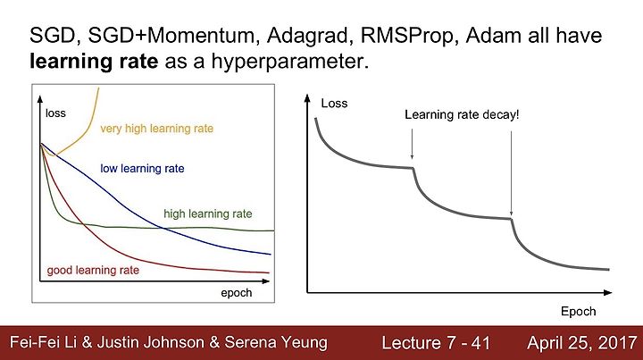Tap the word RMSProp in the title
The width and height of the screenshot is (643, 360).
(408, 36)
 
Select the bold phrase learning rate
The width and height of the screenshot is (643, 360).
(94, 62)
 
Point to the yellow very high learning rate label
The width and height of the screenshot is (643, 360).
(156, 129)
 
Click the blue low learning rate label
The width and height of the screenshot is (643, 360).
(142, 169)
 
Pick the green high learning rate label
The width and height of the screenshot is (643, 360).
(208, 213)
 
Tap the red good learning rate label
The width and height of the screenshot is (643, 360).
(93, 270)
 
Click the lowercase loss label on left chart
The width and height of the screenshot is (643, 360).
(55, 113)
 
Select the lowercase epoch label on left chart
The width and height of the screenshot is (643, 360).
(236, 293)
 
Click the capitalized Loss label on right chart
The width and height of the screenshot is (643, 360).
(334, 104)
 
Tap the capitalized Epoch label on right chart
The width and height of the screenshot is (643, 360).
(578, 311)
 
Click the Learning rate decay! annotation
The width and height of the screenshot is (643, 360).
(462, 115)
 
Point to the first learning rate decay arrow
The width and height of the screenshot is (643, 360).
(412, 144)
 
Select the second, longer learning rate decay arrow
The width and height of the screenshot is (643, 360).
(511, 173)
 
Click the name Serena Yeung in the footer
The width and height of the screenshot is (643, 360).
(276, 342)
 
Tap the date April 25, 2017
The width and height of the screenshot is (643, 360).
(581, 343)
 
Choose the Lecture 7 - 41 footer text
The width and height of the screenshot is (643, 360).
(436, 343)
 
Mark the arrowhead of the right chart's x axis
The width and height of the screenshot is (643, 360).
(608, 292)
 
